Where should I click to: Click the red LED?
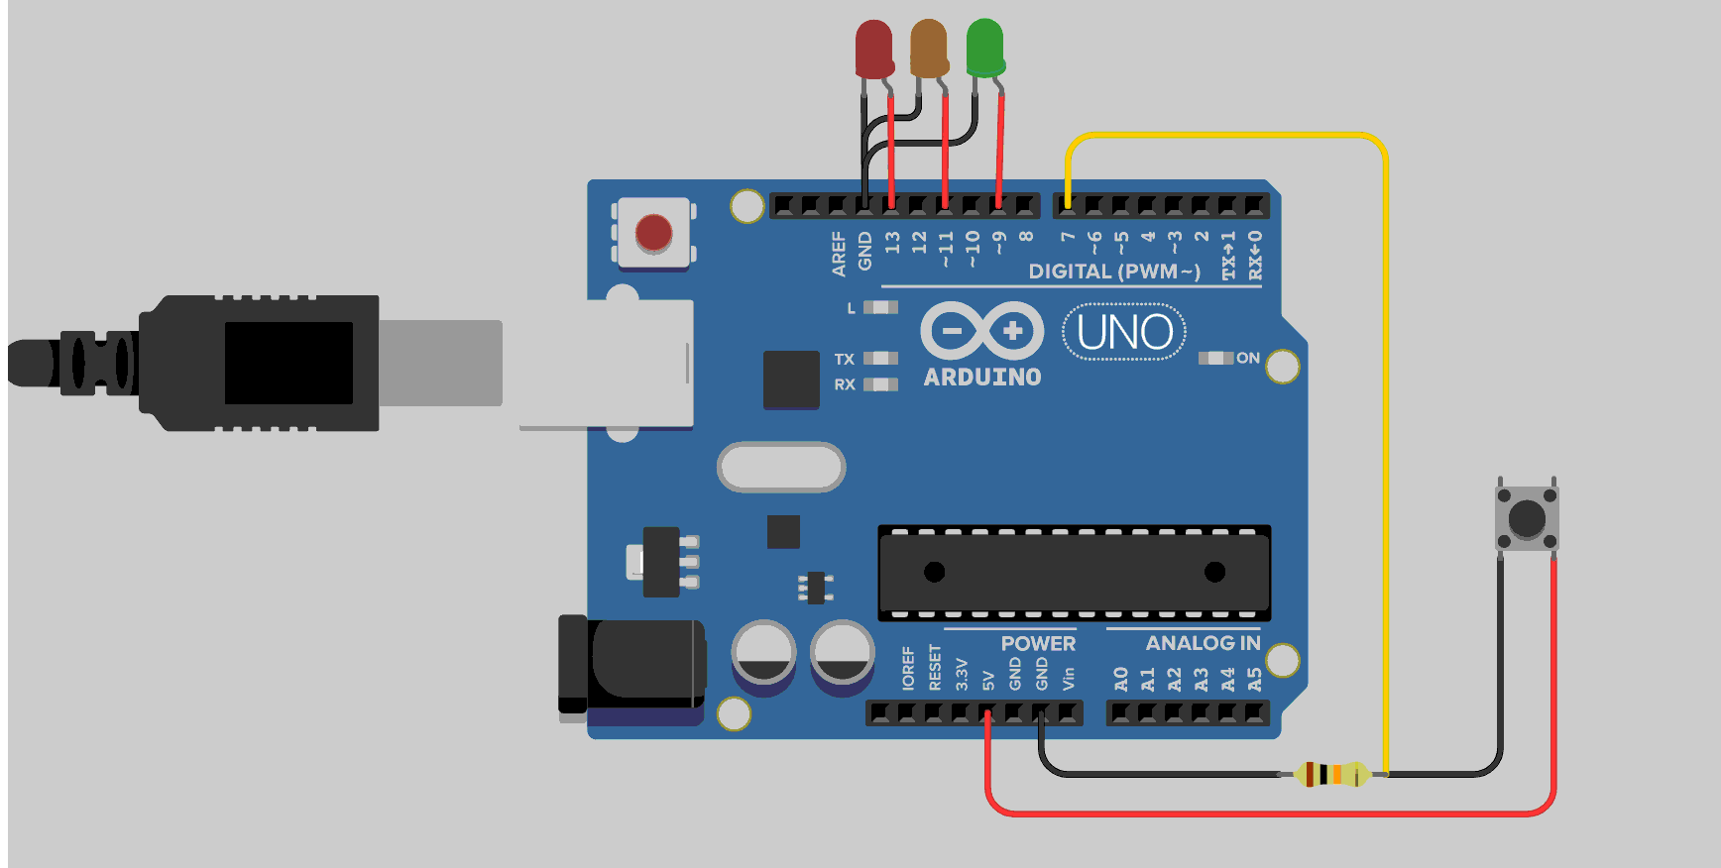(x=873, y=50)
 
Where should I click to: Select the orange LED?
(x=929, y=49)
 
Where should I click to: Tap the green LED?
(x=984, y=49)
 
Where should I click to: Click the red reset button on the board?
(x=653, y=234)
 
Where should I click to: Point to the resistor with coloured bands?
(x=1331, y=774)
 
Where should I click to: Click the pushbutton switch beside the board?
(x=1526, y=517)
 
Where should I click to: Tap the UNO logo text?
(x=1124, y=333)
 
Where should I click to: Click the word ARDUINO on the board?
(x=982, y=378)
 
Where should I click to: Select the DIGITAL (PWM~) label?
(x=1113, y=271)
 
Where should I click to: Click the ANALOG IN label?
(x=1203, y=643)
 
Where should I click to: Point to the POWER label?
(x=1038, y=643)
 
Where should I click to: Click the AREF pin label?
(x=839, y=253)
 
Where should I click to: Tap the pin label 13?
(x=892, y=242)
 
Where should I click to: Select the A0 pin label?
(x=1120, y=679)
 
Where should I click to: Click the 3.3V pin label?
(x=961, y=674)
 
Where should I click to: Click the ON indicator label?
(x=1247, y=358)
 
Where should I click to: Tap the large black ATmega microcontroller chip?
(x=1074, y=572)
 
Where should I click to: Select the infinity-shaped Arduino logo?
(x=981, y=330)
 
